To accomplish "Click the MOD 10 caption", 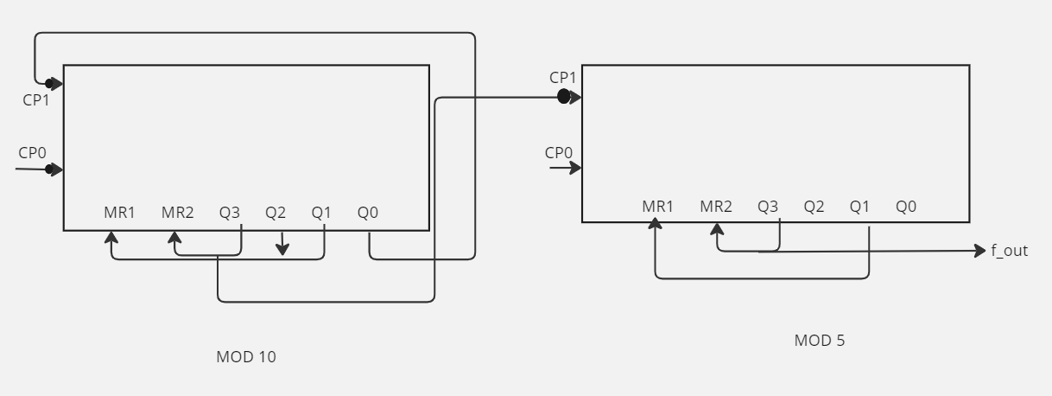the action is pyautogui.click(x=246, y=357).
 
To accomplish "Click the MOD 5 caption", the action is pyautogui.click(x=820, y=341).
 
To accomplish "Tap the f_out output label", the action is pyautogui.click(x=1010, y=251).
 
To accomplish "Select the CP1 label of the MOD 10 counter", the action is pyautogui.click(x=36, y=100).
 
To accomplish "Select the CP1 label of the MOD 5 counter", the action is pyautogui.click(x=562, y=78).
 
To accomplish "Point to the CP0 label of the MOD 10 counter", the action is pyautogui.click(x=33, y=153).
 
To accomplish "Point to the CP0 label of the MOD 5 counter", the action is pyautogui.click(x=559, y=153).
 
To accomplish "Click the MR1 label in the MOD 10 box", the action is pyautogui.click(x=119, y=213).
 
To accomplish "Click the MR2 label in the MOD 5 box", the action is pyautogui.click(x=716, y=207).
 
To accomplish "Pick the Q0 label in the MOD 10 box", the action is pyautogui.click(x=368, y=213).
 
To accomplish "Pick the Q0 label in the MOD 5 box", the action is pyautogui.click(x=906, y=207).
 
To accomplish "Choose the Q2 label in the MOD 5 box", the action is pyautogui.click(x=814, y=207).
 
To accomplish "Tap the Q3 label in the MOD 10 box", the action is pyautogui.click(x=230, y=213).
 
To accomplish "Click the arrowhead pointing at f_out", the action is pyautogui.click(x=980, y=251).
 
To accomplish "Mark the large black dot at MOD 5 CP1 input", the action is pyautogui.click(x=563, y=97).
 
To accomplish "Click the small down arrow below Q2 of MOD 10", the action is pyautogui.click(x=282, y=244).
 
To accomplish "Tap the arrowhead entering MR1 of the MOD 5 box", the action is pyautogui.click(x=655, y=224).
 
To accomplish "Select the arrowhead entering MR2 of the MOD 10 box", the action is pyautogui.click(x=174, y=238).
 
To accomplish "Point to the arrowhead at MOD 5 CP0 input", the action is pyautogui.click(x=575, y=168).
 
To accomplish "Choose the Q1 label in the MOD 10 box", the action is pyautogui.click(x=321, y=213).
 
